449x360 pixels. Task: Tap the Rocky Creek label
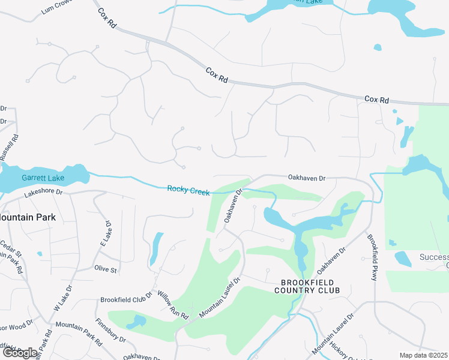coord(188,190)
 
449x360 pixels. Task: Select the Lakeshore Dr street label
coord(43,193)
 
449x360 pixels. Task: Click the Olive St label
coord(105,269)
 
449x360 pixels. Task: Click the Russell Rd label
coord(8,147)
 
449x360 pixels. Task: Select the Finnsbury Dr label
coord(110,331)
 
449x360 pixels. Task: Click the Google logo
coord(20,353)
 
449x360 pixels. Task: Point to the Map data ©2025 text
coord(423,355)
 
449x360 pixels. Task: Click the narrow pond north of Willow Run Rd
coord(155,248)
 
